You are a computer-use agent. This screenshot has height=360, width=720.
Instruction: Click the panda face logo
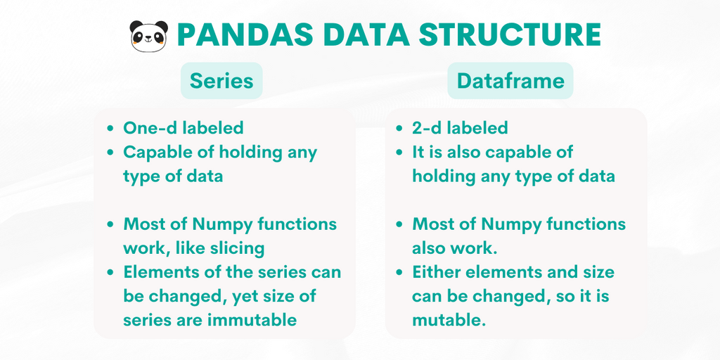(x=149, y=36)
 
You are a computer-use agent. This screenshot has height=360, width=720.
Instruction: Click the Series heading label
(x=221, y=81)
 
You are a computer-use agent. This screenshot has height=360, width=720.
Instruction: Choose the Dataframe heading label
(x=510, y=81)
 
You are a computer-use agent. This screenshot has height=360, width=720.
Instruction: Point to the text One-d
(x=150, y=128)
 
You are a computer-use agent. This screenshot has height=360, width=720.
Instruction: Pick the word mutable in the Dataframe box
(x=448, y=320)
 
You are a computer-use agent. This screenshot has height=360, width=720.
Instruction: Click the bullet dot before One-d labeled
(x=110, y=128)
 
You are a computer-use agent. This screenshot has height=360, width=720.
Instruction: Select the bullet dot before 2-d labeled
(x=399, y=128)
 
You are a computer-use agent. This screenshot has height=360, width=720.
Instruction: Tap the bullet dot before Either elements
(x=399, y=273)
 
